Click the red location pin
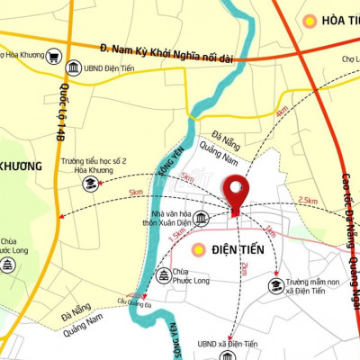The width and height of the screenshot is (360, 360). (x=237, y=193)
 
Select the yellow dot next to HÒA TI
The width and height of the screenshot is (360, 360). (x=310, y=20)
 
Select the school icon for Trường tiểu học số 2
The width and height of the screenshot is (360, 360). (x=90, y=184)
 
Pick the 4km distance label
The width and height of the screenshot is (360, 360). (x=282, y=112)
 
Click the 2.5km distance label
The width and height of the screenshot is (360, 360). (x=307, y=200)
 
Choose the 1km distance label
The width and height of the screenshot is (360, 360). (x=270, y=231)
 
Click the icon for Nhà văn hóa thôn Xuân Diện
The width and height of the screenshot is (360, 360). (x=201, y=219)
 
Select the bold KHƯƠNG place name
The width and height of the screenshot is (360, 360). (x=20, y=166)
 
